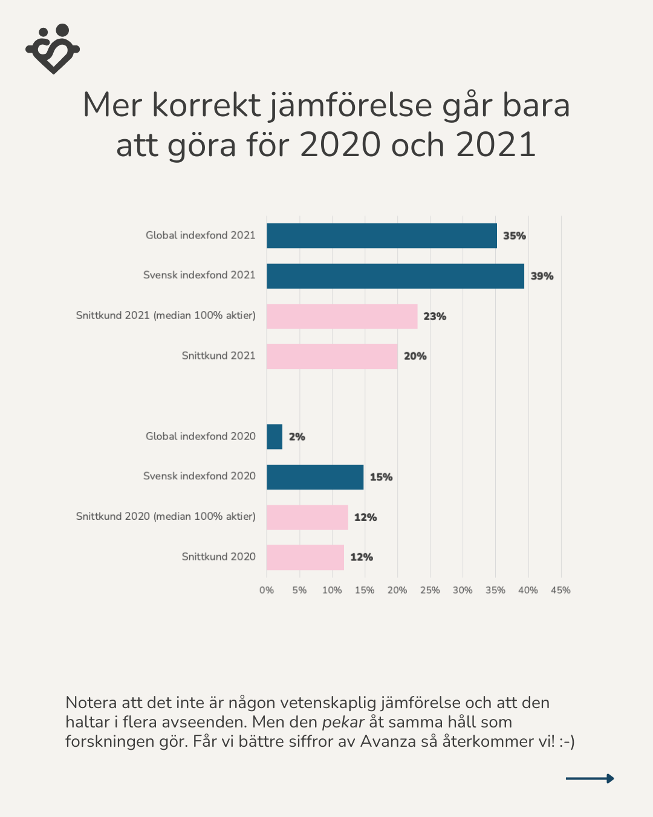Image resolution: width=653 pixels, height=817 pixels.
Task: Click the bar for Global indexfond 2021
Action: pyautogui.click(x=382, y=235)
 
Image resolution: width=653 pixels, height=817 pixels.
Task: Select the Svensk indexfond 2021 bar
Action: pyautogui.click(x=395, y=276)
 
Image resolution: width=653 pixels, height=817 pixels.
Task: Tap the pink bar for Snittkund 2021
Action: pyautogui.click(x=332, y=356)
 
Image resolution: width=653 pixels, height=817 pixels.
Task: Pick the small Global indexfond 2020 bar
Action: pyautogui.click(x=275, y=436)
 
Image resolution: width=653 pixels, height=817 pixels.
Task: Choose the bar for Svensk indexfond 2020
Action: pyautogui.click(x=315, y=477)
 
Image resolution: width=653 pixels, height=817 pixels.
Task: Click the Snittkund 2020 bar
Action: pyautogui.click(x=305, y=557)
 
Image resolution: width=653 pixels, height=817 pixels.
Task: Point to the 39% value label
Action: pyautogui.click(x=542, y=276)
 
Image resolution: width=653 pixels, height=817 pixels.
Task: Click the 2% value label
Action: pyautogui.click(x=297, y=437)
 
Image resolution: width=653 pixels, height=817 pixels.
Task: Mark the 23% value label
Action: pyautogui.click(x=435, y=317)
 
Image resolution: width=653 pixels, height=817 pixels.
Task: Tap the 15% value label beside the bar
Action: pyautogui.click(x=381, y=477)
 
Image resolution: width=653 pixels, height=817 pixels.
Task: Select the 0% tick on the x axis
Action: pyautogui.click(x=267, y=590)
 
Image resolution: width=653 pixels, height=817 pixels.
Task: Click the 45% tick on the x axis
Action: pyautogui.click(x=560, y=590)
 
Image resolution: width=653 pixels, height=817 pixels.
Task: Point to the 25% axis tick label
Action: pyautogui.click(x=430, y=590)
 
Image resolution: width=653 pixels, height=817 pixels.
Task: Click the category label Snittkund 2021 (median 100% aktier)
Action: pyautogui.click(x=166, y=315)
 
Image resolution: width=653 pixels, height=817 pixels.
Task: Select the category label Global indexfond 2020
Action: pyautogui.click(x=201, y=436)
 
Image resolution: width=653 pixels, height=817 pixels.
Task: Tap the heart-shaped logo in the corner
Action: pyautogui.click(x=53, y=49)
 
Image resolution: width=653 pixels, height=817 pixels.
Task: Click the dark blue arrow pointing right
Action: pyautogui.click(x=590, y=778)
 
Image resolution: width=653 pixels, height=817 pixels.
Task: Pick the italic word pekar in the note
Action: pyautogui.click(x=343, y=722)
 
